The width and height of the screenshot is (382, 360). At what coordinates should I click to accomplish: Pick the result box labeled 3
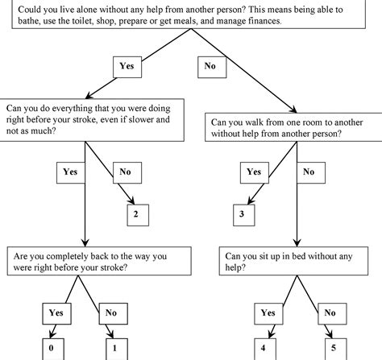(243, 213)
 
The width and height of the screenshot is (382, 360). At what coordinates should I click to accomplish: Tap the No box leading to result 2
(125, 172)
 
